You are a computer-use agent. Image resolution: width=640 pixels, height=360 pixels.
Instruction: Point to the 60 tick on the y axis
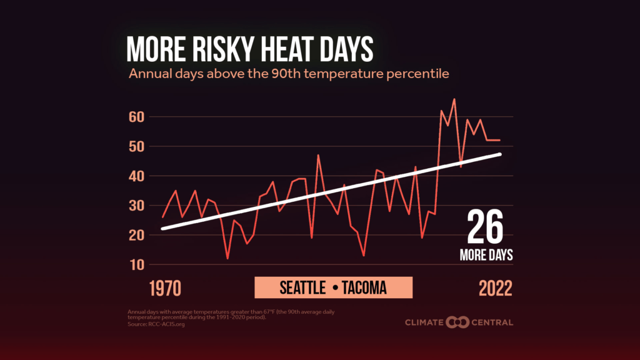[x=137, y=117]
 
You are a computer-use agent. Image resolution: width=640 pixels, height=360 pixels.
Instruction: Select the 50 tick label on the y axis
[x=137, y=146]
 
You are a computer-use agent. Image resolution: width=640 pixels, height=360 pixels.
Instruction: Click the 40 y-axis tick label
[x=137, y=176]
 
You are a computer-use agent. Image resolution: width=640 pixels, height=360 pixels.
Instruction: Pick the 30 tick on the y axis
[x=137, y=206]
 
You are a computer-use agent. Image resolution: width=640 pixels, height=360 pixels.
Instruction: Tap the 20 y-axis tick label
[x=137, y=235]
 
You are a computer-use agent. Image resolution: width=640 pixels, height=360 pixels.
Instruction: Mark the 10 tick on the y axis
[x=137, y=265]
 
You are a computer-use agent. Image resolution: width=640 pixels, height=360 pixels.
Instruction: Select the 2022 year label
[x=496, y=288]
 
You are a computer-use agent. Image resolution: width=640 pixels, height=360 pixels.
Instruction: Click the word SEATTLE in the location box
[x=302, y=288]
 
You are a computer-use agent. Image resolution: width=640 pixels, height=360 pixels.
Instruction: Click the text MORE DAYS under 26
[x=486, y=256]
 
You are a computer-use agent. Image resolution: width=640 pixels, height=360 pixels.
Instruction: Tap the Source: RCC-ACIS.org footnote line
[x=156, y=324]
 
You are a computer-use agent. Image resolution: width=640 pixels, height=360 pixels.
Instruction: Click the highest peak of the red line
[x=454, y=99]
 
